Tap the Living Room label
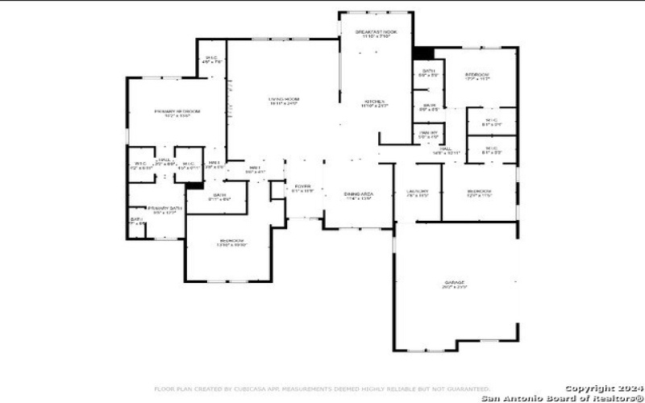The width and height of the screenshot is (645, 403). pyautogui.click(x=283, y=101)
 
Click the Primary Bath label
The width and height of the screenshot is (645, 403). pyautogui.click(x=164, y=210)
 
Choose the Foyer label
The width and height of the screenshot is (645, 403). pyautogui.click(x=302, y=188)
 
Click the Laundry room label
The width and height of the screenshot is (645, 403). pyautogui.click(x=417, y=193)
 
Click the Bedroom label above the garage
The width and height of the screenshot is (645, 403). pyautogui.click(x=480, y=193)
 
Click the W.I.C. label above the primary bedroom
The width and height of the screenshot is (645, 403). pyautogui.click(x=211, y=59)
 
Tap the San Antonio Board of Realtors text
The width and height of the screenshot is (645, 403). pyautogui.click(x=562, y=397)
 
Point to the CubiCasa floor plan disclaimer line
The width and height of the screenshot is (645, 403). pyautogui.click(x=322, y=388)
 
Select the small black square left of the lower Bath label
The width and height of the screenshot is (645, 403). pyautogui.click(x=193, y=185)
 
